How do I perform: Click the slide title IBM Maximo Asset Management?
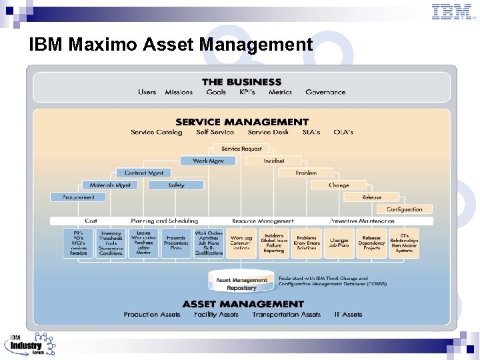171,45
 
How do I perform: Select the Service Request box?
241,149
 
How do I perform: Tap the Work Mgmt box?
208,161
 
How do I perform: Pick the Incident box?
273,161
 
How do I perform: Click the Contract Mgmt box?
144,173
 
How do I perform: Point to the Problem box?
306,173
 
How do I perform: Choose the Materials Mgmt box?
110,185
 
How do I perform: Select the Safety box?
176,185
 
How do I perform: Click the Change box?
339,185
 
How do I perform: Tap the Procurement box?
78,197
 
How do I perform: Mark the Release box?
371,197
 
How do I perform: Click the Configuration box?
404,209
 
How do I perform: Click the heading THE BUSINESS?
241,82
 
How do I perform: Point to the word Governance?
325,92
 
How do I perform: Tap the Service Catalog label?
156,132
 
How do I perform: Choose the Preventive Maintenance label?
362,221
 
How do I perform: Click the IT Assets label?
348,314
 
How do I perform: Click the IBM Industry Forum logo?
30,343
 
